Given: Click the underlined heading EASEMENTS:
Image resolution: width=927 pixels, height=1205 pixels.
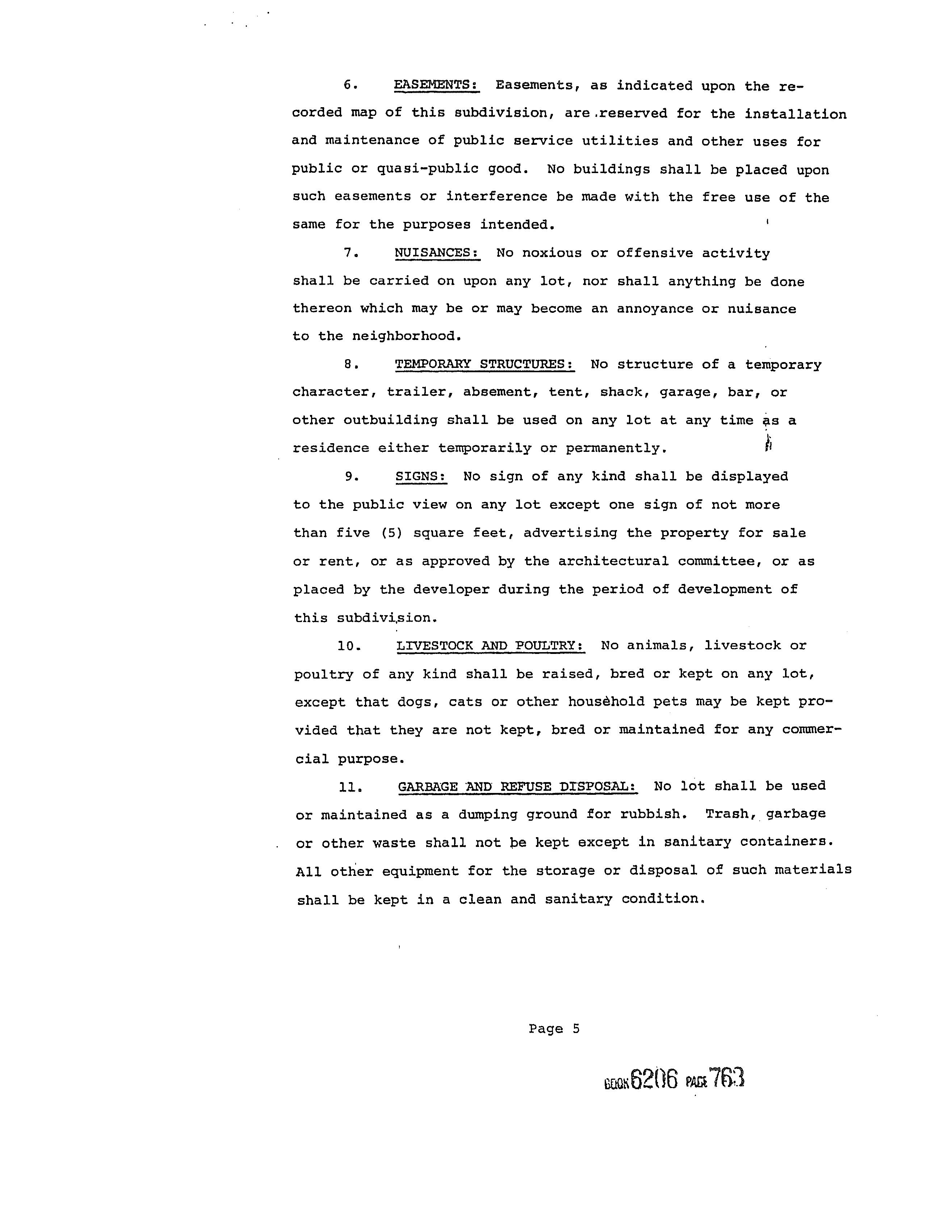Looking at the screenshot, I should (x=436, y=85).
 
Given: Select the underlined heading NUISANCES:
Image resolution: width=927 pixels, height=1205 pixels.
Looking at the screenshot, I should (x=437, y=253).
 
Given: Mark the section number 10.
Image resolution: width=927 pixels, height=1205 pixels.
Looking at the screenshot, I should (x=349, y=646).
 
